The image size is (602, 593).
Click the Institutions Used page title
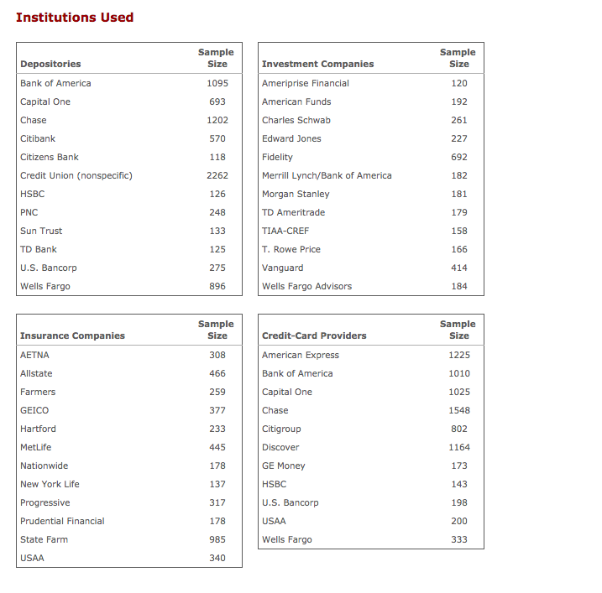click(x=75, y=18)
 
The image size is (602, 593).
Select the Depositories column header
click(x=50, y=64)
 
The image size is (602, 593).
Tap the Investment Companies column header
click(x=317, y=64)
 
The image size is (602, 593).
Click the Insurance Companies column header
click(x=72, y=336)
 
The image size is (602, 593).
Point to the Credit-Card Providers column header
click(x=314, y=336)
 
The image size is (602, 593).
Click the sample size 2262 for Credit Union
click(x=217, y=175)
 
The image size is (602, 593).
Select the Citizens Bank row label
click(x=50, y=157)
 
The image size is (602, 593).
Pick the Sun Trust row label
click(x=41, y=231)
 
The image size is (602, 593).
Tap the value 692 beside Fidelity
click(x=459, y=157)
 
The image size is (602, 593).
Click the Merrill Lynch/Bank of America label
click(x=327, y=175)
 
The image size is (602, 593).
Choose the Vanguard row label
click(x=283, y=268)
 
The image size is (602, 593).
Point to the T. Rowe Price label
click(x=291, y=249)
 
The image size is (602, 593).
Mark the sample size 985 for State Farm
click(x=217, y=539)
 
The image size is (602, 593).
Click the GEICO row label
click(x=34, y=410)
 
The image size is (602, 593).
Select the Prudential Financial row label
click(x=62, y=521)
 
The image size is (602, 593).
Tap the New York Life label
click(x=51, y=484)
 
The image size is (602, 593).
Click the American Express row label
click(x=301, y=355)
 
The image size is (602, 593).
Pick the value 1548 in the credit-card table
click(x=459, y=410)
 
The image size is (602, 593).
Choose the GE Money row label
click(x=284, y=466)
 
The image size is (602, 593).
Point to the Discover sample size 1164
click(x=459, y=447)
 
